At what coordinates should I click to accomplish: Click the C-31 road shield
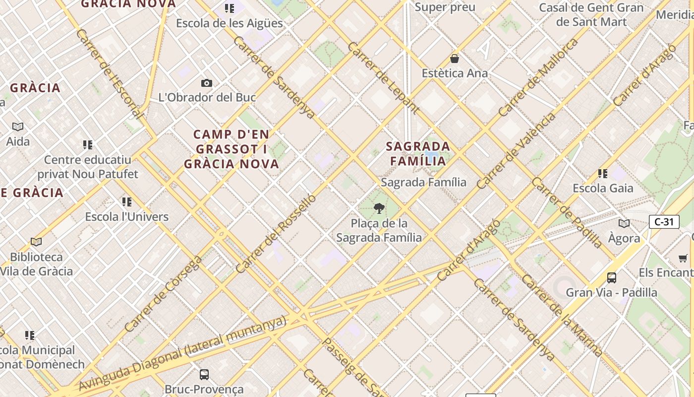click(664, 222)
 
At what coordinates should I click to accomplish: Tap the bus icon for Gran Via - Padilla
click(612, 277)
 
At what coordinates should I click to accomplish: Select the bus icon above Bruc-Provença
click(204, 374)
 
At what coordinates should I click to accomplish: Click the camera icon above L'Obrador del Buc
click(207, 83)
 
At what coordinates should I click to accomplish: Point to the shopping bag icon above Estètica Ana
click(455, 59)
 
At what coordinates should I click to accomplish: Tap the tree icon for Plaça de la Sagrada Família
click(379, 208)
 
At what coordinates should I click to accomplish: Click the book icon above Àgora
click(624, 223)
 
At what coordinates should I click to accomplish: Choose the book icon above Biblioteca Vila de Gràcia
click(36, 242)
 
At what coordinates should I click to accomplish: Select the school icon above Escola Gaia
click(603, 173)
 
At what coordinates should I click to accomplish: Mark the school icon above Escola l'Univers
click(127, 201)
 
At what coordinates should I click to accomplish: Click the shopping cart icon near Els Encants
click(683, 258)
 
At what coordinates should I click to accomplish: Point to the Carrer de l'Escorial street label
click(109, 74)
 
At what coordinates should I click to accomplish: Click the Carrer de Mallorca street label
click(538, 77)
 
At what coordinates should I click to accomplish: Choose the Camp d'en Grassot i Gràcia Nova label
click(231, 149)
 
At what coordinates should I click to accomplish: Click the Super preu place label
click(445, 7)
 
